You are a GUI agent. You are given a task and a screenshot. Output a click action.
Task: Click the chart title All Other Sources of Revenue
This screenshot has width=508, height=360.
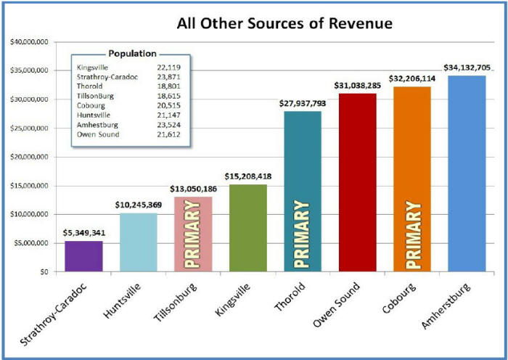[x=284, y=24]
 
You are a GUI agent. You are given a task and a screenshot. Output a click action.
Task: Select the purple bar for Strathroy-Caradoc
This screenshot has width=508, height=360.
[x=84, y=256]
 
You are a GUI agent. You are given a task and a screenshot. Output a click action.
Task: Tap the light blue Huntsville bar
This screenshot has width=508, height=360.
[x=139, y=242]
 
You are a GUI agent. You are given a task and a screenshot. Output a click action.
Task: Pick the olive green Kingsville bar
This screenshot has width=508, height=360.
[x=248, y=228]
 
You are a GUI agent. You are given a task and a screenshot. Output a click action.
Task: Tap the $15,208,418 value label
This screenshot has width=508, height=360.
[x=248, y=176]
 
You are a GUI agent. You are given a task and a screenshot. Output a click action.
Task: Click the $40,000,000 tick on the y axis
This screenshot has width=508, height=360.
[x=29, y=42]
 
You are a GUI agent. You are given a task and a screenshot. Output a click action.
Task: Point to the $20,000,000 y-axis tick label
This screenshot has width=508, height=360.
[x=29, y=157]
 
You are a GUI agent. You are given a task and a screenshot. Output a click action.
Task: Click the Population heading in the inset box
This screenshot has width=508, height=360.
[x=132, y=54]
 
